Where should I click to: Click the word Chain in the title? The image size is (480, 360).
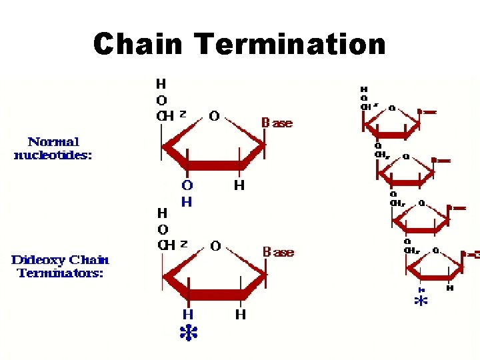coord(137,45)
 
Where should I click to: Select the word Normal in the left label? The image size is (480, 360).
coord(53,141)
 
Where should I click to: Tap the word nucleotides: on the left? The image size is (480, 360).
coord(53,155)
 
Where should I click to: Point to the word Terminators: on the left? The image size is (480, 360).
coord(61,273)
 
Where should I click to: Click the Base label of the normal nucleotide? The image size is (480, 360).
coord(277,123)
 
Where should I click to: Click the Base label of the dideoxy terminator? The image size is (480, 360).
coord(277,253)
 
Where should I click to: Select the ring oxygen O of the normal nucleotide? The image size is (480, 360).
coord(214,116)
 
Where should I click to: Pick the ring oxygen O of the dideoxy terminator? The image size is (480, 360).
coord(215,246)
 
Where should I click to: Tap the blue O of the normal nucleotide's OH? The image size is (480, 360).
coord(187,185)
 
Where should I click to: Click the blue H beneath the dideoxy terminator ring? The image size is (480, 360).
coord(188,314)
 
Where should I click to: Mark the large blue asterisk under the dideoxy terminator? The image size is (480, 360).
coord(189,333)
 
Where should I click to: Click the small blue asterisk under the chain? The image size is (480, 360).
coord(421,301)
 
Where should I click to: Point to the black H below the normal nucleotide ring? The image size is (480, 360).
coord(239,185)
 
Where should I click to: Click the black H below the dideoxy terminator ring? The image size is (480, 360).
coord(239,314)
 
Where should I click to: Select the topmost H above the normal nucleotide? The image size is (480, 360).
coord(161,84)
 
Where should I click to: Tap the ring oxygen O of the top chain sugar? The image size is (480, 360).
coord(391,107)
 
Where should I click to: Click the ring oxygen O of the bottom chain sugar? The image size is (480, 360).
coord(435,251)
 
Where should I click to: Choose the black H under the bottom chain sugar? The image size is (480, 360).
coord(450,288)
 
